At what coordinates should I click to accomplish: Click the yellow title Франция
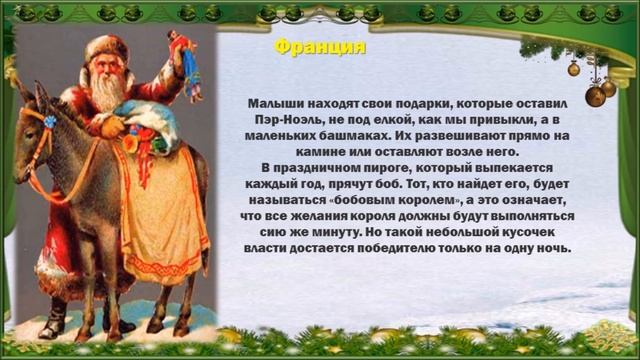[x=320, y=48]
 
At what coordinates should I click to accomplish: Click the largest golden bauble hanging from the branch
[x=596, y=95]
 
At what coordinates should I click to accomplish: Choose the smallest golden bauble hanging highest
[x=574, y=68]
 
